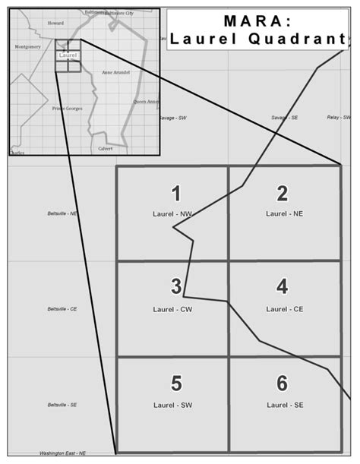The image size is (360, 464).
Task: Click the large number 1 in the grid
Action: click(x=176, y=193)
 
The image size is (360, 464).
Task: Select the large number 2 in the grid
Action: click(x=282, y=193)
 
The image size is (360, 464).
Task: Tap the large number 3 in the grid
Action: click(x=175, y=286)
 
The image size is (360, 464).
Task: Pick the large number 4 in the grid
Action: click(x=282, y=287)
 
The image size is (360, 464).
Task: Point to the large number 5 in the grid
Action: click(x=175, y=383)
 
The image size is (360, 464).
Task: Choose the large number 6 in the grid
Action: click(x=282, y=383)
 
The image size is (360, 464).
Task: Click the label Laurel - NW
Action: click(x=172, y=215)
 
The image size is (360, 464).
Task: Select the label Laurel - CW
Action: click(x=171, y=309)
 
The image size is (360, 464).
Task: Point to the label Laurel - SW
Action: click(x=171, y=404)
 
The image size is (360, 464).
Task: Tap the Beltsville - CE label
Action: click(x=62, y=309)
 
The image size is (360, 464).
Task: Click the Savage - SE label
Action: click(x=285, y=118)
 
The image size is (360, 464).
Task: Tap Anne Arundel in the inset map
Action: click(x=116, y=72)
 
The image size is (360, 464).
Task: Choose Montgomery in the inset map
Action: click(x=27, y=46)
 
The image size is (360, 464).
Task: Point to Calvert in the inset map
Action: click(x=105, y=149)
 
